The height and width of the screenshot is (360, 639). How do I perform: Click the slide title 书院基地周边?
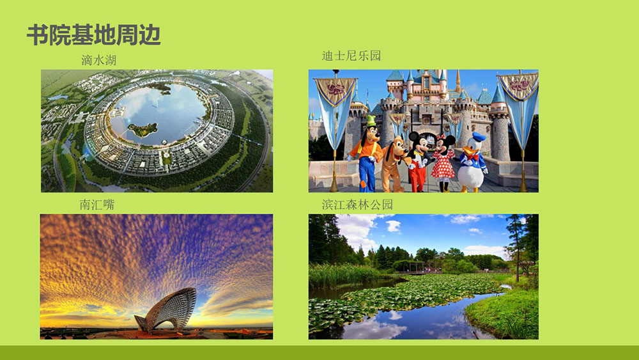click(94, 35)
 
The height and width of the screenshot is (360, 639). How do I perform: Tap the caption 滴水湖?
click(98, 60)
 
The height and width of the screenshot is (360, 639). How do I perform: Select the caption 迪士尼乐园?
click(351, 56)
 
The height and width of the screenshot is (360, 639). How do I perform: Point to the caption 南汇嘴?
click(97, 204)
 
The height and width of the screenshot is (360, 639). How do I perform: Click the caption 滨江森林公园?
click(357, 204)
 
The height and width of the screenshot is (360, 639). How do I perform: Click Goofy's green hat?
click(371, 121)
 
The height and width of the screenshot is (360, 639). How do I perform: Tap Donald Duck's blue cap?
click(479, 137)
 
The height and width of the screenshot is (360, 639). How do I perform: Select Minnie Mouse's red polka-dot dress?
click(443, 164)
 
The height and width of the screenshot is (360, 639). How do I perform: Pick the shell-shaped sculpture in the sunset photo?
click(167, 310)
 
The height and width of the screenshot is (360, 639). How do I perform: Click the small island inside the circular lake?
click(142, 130)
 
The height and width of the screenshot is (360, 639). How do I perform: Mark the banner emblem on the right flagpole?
click(519, 85)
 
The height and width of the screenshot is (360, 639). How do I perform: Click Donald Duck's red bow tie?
click(473, 157)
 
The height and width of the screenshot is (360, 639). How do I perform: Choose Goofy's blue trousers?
click(367, 174)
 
